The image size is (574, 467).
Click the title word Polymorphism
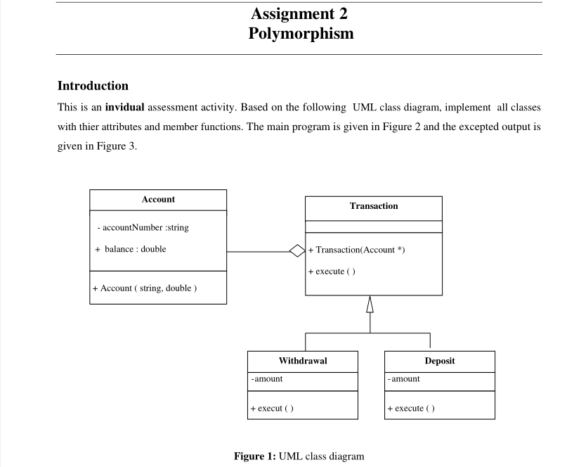pyautogui.click(x=300, y=33)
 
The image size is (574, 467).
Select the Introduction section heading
pyautogui.click(x=92, y=86)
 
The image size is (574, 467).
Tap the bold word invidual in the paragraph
pyautogui.click(x=124, y=108)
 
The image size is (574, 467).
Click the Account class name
pyautogui.click(x=158, y=200)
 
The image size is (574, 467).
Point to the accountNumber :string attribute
pyautogui.click(x=143, y=228)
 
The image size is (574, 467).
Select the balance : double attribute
pyautogui.click(x=131, y=249)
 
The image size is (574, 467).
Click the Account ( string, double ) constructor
pyautogui.click(x=144, y=288)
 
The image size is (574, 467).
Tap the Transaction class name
pyautogui.click(x=373, y=206)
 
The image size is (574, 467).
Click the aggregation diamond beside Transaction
pyautogui.click(x=297, y=250)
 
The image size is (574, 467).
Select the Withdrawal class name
pyautogui.click(x=303, y=361)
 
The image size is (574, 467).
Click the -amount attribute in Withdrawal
pyautogui.click(x=267, y=379)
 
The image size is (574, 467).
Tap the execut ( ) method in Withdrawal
pyautogui.click(x=272, y=408)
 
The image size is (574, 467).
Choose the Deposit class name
pyautogui.click(x=440, y=361)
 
